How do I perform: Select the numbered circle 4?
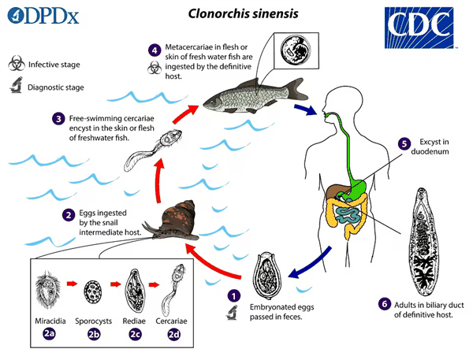155,49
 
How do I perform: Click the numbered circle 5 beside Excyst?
404,144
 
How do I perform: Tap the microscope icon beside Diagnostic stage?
17,87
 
